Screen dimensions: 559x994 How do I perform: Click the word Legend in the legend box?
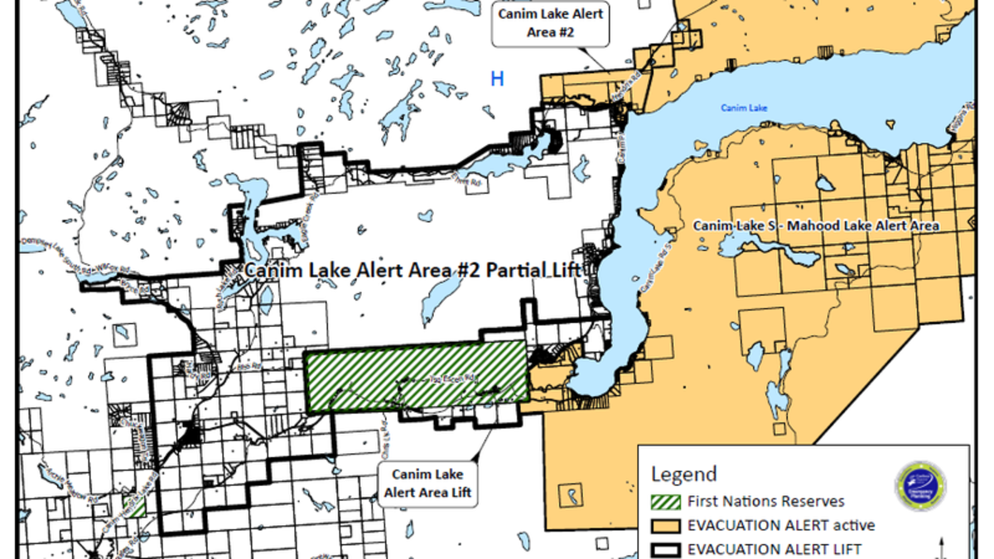(683, 475)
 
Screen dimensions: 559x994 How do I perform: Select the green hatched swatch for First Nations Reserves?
(665, 501)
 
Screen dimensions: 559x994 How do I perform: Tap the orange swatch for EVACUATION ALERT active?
(665, 524)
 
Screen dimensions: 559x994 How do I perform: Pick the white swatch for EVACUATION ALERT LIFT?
(665, 547)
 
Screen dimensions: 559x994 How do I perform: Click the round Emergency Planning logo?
(920, 486)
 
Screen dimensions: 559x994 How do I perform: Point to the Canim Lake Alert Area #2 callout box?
(550, 24)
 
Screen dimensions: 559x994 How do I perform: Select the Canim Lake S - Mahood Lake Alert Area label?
(816, 225)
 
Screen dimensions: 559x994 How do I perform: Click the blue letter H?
(497, 79)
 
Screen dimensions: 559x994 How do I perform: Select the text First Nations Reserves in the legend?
(765, 501)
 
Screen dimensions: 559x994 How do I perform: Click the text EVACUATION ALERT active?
(780, 524)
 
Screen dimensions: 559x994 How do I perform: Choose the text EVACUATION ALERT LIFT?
(774, 547)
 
